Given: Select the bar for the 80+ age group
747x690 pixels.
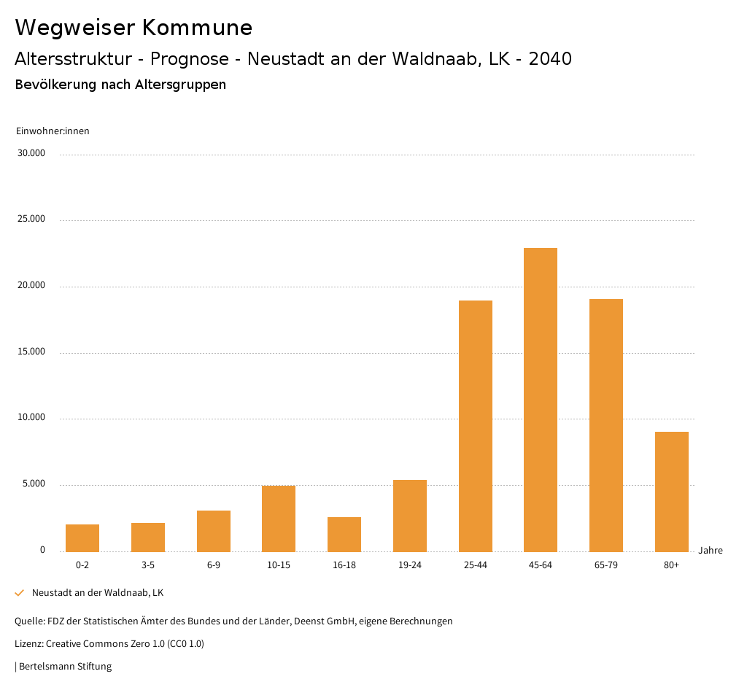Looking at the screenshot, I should point(672,492).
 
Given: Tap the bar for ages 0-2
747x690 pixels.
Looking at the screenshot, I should point(82,538).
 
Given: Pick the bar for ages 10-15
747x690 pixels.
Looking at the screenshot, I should point(279,519).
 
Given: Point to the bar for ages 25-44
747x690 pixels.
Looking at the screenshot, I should point(476,426).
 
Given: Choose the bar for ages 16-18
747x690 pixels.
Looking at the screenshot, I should point(344,535).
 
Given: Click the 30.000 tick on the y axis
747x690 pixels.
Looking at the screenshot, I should point(32,153).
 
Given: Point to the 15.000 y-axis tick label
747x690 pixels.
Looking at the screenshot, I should point(32,352).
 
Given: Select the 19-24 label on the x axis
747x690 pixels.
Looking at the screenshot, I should point(410,565).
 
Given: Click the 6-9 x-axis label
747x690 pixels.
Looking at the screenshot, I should point(214,565).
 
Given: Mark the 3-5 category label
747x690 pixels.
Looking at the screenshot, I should point(148,565).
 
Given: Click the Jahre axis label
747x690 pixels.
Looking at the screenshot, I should point(711,551).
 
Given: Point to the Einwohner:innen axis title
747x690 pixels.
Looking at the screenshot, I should point(53,131).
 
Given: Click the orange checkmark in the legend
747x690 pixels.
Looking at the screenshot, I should point(20,593).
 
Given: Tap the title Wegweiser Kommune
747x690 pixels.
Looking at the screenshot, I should point(133,28).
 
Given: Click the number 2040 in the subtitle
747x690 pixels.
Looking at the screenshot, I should point(550,59).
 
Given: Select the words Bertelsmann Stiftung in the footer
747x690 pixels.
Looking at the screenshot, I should point(65,667).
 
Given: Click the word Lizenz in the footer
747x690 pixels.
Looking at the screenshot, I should point(28,644).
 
